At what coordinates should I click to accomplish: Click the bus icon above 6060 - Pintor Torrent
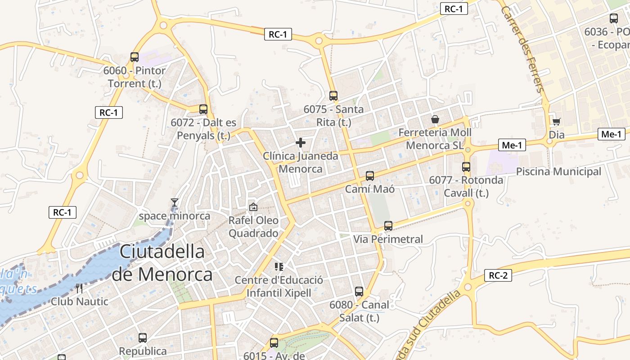134,57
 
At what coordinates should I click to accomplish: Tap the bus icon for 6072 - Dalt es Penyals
203,109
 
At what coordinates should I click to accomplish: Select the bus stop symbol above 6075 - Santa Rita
333,96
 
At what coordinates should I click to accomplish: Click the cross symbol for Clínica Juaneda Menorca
301,143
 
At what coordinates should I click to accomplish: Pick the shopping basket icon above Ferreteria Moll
435,119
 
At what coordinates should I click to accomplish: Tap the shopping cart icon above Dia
557,121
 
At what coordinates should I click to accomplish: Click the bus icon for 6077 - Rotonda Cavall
466,167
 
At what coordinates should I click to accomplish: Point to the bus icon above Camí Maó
370,176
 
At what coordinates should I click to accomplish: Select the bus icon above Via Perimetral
388,226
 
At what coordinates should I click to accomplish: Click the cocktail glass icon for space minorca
175,202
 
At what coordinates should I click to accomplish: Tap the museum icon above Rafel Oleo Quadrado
253,207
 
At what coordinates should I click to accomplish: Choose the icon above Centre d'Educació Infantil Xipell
279,267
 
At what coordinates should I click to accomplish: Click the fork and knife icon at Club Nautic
80,288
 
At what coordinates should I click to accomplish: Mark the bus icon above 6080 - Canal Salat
359,292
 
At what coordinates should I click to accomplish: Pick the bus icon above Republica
143,337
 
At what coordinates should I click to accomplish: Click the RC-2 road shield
498,276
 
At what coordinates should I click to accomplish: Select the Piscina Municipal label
558,171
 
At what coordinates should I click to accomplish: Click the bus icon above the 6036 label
614,18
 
